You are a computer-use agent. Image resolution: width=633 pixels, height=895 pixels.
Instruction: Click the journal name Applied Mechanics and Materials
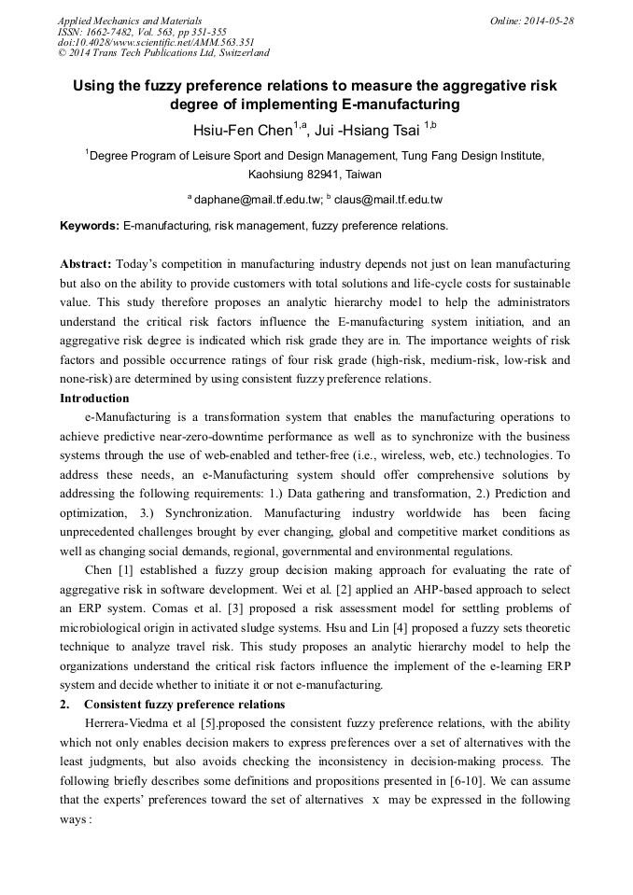[129, 21]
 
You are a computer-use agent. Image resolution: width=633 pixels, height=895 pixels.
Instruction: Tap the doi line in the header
[155, 42]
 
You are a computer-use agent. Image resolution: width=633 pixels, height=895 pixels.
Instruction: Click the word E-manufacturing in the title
[401, 104]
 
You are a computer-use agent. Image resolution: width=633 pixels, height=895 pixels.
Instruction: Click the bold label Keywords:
[90, 226]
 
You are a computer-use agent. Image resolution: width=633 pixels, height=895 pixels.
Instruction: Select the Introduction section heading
[94, 399]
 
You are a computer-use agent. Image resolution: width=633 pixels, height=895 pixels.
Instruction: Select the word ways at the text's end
[75, 818]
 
